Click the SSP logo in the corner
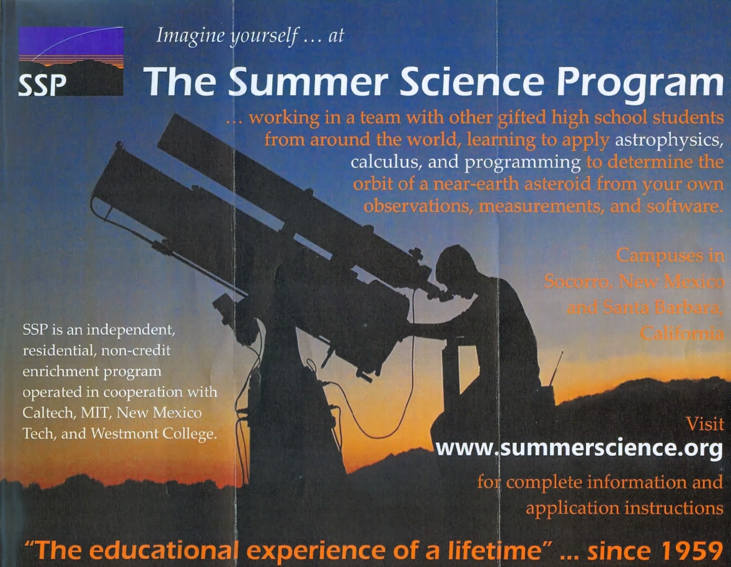pos(71,61)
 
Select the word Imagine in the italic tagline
pos(191,36)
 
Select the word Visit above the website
pos(705,424)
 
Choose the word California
pos(682,333)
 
